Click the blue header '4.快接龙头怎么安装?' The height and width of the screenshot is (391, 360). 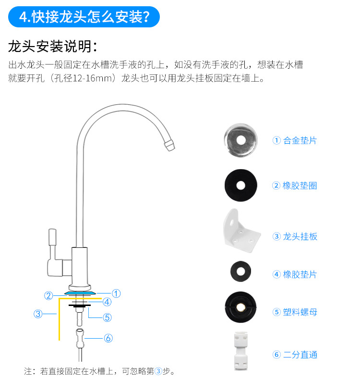(x=84, y=17)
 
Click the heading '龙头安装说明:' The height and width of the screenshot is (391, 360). (x=53, y=47)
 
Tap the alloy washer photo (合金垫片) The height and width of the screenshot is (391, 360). (x=240, y=140)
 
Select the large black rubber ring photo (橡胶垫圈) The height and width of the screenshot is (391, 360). (x=240, y=185)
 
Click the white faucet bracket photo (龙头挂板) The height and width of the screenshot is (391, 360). (x=241, y=231)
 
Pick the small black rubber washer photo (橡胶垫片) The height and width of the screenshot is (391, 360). (x=240, y=271)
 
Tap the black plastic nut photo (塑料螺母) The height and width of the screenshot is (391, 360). (x=240, y=307)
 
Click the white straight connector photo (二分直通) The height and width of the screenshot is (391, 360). (x=240, y=351)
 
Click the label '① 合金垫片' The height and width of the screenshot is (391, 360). (x=294, y=140)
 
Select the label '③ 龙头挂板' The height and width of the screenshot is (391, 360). (x=295, y=236)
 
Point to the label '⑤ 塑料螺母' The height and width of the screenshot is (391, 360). (x=295, y=312)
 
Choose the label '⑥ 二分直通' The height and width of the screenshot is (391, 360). (x=295, y=354)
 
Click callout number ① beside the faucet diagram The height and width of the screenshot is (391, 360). (x=116, y=293)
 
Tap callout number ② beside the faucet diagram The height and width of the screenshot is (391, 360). (x=48, y=296)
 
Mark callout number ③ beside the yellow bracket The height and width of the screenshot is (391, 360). (x=38, y=314)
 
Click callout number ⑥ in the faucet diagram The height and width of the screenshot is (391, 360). (x=108, y=338)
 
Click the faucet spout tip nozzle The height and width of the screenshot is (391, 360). (x=169, y=145)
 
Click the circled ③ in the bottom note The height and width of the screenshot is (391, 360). (x=158, y=371)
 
